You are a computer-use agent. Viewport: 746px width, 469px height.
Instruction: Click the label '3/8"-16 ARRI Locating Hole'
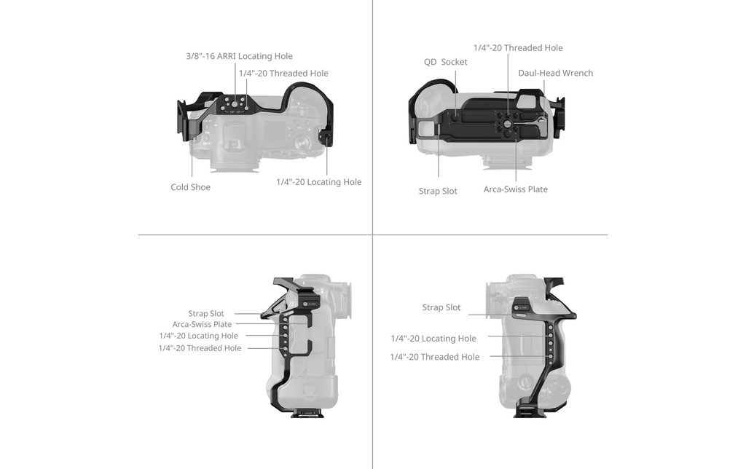(239, 56)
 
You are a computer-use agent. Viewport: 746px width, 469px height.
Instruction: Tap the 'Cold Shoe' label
(190, 187)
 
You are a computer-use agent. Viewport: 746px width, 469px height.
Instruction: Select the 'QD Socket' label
(445, 62)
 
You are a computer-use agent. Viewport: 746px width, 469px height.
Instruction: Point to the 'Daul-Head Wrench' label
(555, 73)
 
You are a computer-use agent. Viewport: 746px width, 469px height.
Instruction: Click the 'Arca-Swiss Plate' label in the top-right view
(515, 189)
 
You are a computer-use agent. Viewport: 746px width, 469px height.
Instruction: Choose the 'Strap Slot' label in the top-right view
(438, 192)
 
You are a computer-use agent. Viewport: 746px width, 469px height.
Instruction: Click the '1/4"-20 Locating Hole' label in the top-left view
(319, 182)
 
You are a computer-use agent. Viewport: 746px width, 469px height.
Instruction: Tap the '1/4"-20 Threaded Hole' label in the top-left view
(283, 74)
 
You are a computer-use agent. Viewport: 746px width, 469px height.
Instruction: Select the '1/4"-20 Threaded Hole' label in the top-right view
(518, 48)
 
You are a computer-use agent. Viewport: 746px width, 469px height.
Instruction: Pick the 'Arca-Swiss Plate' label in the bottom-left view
(203, 324)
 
